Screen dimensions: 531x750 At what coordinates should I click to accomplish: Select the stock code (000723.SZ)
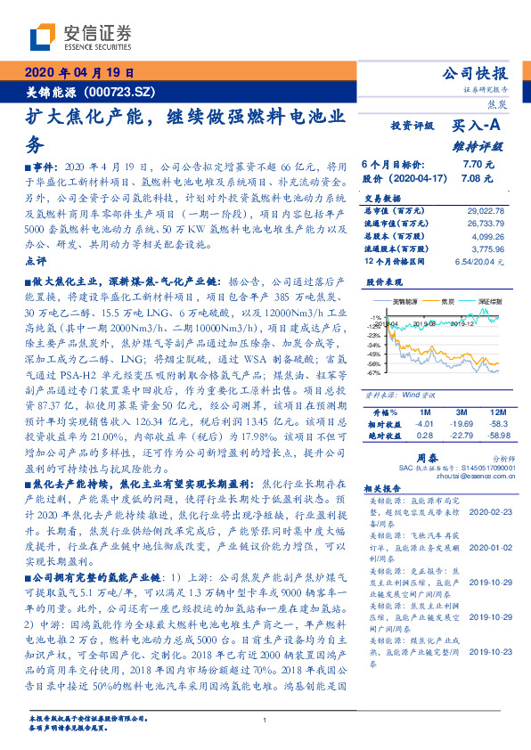[x=123, y=91]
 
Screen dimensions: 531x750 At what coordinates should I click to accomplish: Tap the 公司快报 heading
[x=475, y=73]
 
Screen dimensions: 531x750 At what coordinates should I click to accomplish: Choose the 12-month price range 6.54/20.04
[x=479, y=262]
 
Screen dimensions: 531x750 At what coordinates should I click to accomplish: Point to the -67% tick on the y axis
[x=373, y=373]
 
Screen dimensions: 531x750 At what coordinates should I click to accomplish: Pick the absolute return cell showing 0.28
[x=424, y=436]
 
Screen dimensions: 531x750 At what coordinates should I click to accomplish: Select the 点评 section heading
[x=35, y=261]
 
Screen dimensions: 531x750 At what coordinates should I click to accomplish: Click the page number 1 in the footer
[x=265, y=720]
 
